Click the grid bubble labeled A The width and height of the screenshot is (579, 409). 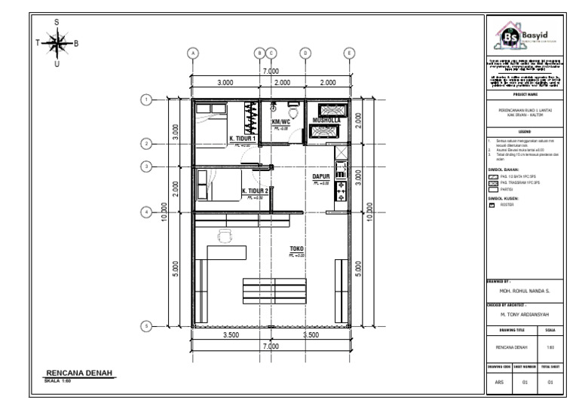coord(193,53)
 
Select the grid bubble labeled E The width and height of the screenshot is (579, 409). coord(349,53)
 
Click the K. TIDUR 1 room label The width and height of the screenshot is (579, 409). coord(242,139)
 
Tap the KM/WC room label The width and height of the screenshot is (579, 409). coord(280,122)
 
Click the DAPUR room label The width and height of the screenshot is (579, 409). coord(322,178)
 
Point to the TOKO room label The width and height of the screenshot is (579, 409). coord(296,249)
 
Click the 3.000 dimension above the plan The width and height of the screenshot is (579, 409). coord(225,83)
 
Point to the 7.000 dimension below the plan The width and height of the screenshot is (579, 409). coord(271,346)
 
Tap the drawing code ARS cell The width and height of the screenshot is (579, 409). coord(499,383)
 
